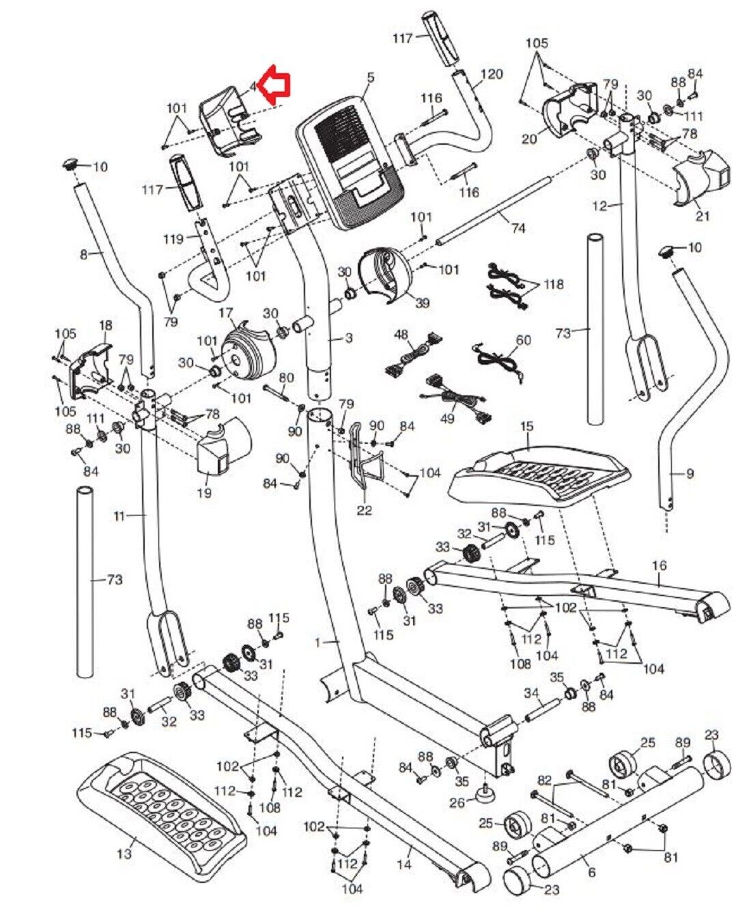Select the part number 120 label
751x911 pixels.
click(492, 74)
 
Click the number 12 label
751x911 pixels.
click(599, 205)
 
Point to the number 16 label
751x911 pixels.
click(659, 566)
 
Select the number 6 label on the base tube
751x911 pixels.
click(591, 872)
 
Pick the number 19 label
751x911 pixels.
click(203, 492)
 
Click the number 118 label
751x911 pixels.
click(554, 283)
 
